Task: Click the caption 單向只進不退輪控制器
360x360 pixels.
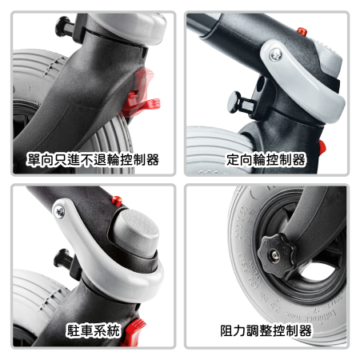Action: [93, 159]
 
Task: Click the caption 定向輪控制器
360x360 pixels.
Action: [266, 159]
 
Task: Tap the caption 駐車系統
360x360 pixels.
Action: [94, 330]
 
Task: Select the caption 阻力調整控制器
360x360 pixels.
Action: [266, 330]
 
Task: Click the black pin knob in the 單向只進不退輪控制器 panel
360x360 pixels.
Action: [65, 26]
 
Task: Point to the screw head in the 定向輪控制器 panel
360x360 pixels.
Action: [276, 54]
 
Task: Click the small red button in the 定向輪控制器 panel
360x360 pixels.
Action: [302, 31]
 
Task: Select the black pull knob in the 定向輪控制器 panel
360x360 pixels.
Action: [238, 102]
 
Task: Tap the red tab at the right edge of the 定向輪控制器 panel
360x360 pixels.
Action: [322, 147]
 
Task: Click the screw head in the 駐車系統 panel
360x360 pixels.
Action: [59, 212]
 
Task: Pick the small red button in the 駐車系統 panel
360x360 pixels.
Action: [117, 200]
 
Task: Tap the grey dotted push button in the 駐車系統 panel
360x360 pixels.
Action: [138, 230]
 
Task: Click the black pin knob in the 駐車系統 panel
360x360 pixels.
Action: [63, 258]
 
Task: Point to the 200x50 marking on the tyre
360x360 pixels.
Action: [240, 219]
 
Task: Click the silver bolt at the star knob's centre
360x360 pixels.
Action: [275, 255]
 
